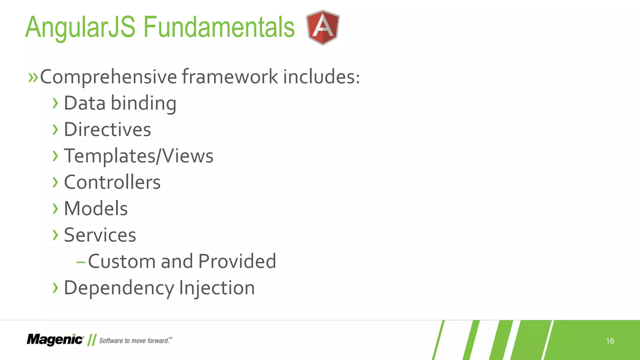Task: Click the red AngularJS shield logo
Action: click(323, 27)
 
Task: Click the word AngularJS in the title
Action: click(80, 27)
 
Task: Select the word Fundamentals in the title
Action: click(219, 27)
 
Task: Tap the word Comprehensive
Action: click(108, 77)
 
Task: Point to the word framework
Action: click(230, 77)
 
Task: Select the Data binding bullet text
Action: click(120, 103)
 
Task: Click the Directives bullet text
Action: click(107, 130)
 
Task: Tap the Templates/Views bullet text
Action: click(138, 156)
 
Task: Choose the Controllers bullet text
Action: click(112, 182)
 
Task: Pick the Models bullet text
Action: click(96, 208)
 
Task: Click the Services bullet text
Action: click(100, 235)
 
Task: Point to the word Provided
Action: click(237, 261)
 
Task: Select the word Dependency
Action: click(119, 288)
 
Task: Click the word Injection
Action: click(217, 288)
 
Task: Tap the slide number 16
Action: click(610, 341)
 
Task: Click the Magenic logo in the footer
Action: click(55, 340)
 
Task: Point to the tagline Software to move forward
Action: click(135, 340)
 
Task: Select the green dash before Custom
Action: click(81, 262)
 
